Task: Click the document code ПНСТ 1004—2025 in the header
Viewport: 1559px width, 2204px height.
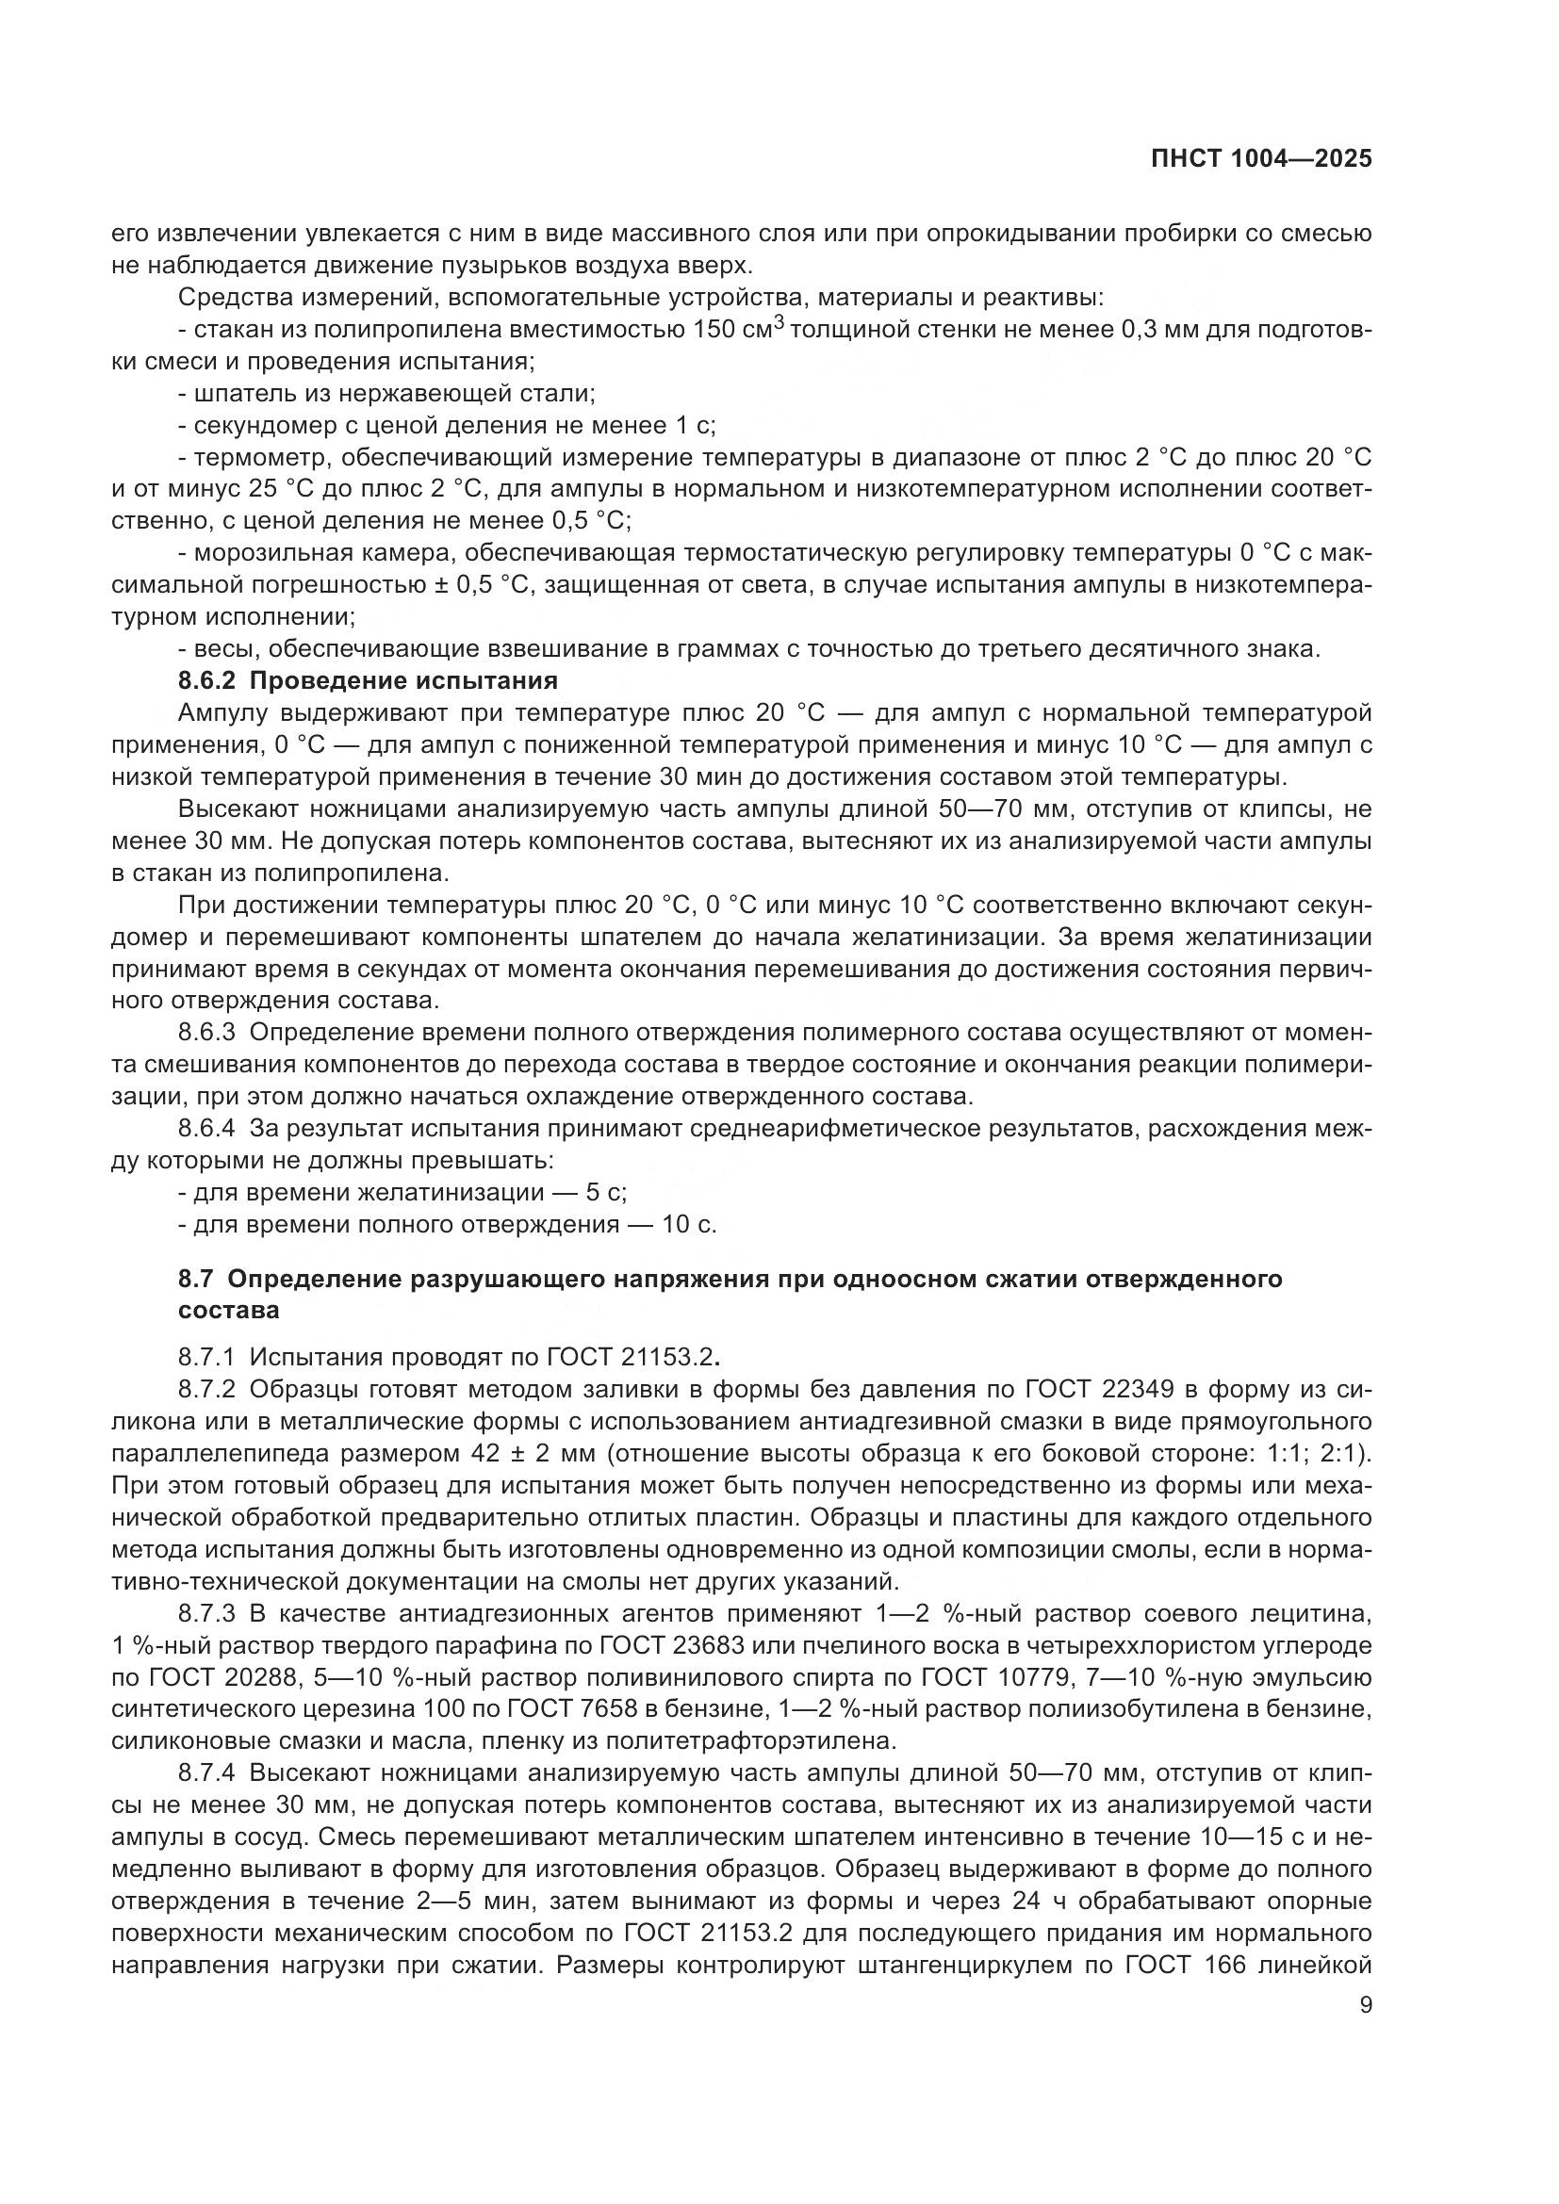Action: tap(1260, 159)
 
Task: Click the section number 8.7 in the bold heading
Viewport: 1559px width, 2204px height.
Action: tap(197, 1280)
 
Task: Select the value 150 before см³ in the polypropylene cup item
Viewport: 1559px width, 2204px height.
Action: tap(714, 330)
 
